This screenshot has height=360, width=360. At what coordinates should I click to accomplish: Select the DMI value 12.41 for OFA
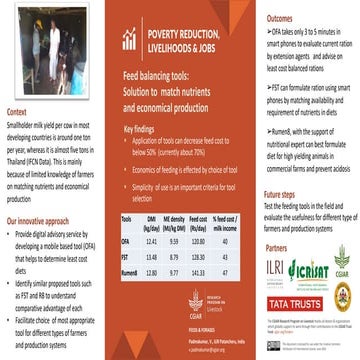(x=152, y=241)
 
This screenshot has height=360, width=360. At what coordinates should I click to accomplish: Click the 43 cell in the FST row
(x=224, y=256)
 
